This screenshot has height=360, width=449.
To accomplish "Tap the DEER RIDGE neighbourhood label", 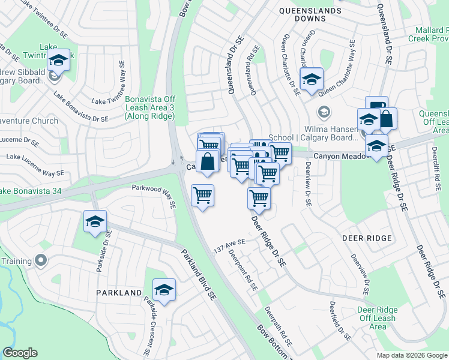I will click(367, 238).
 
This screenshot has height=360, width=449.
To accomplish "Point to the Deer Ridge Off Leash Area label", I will click(377, 318).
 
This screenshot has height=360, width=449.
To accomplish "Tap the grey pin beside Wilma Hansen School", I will click(324, 112).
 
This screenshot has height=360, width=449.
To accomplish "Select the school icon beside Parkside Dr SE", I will click(95, 222).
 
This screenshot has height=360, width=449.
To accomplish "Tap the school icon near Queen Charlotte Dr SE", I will click(312, 79).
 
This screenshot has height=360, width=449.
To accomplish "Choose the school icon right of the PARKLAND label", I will click(164, 290).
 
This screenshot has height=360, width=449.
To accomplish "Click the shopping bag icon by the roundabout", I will click(207, 162).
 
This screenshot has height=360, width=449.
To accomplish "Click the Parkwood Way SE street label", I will click(154, 196).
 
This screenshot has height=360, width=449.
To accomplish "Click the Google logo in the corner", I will click(20, 353).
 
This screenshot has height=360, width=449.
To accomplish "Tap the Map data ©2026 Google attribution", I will click(411, 355).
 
